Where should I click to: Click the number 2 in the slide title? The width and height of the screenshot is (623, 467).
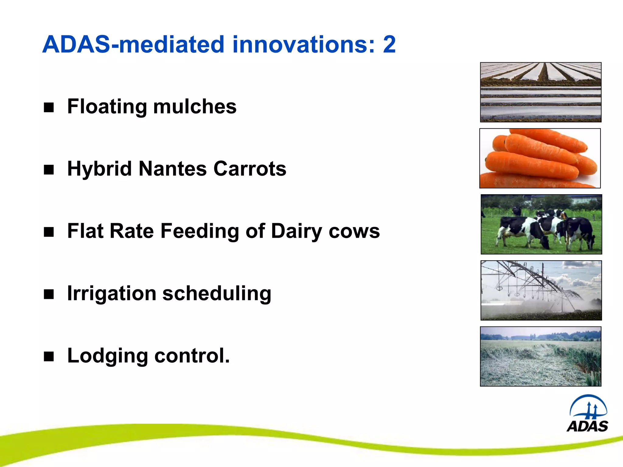(x=389, y=45)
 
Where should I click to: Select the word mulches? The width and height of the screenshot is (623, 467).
(x=195, y=107)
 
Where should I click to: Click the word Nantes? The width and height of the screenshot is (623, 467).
(x=172, y=169)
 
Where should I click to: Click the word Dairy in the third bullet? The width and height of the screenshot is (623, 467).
(x=296, y=231)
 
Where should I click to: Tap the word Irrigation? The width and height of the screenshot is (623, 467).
(x=112, y=294)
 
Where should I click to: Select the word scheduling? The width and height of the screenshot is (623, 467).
(x=217, y=294)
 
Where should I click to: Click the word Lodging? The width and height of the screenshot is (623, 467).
(x=107, y=356)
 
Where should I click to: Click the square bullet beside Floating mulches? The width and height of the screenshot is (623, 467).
(x=49, y=107)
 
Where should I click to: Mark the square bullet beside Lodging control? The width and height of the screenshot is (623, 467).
(x=49, y=356)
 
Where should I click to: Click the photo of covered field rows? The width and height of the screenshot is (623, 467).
(x=541, y=92)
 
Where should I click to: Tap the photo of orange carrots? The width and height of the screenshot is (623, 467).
(x=540, y=158)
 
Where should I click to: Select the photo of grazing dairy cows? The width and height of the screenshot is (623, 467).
(x=541, y=224)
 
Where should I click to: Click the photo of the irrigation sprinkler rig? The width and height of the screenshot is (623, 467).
(x=541, y=290)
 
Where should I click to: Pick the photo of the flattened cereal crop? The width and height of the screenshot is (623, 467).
(x=541, y=356)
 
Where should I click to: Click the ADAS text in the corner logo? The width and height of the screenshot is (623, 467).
(x=587, y=426)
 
